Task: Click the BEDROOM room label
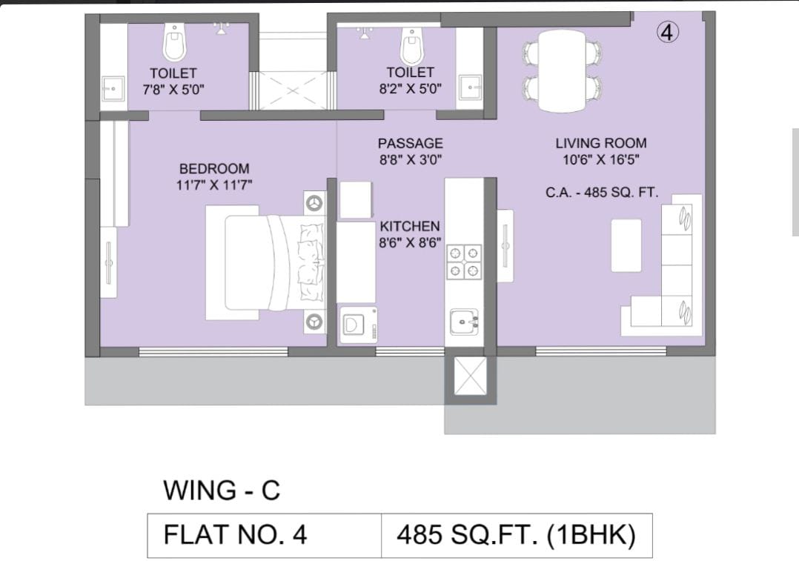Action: (x=214, y=169)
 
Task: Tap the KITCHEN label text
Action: (x=410, y=226)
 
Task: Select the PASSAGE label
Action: (x=410, y=143)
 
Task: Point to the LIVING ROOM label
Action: (x=600, y=143)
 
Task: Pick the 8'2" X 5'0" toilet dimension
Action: (x=410, y=88)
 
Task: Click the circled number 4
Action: (x=668, y=33)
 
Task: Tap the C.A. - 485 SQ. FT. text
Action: (x=602, y=192)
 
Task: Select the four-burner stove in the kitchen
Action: (x=464, y=262)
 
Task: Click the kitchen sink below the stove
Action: (x=464, y=322)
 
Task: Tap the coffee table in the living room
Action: (x=626, y=245)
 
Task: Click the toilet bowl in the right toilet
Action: (x=411, y=45)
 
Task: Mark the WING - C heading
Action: (x=222, y=490)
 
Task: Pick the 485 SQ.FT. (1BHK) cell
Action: (x=516, y=534)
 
